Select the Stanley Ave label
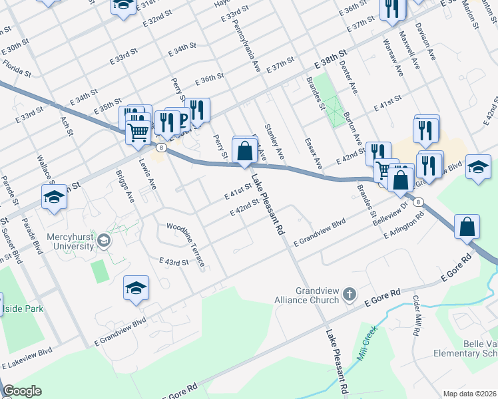pyautogui.click(x=274, y=142)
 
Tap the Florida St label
pyautogui.click(x=16, y=66)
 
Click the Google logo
pyautogui.click(x=23, y=391)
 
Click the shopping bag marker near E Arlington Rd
pyautogui.click(x=468, y=226)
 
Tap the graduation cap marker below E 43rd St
pyautogui.click(x=136, y=288)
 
